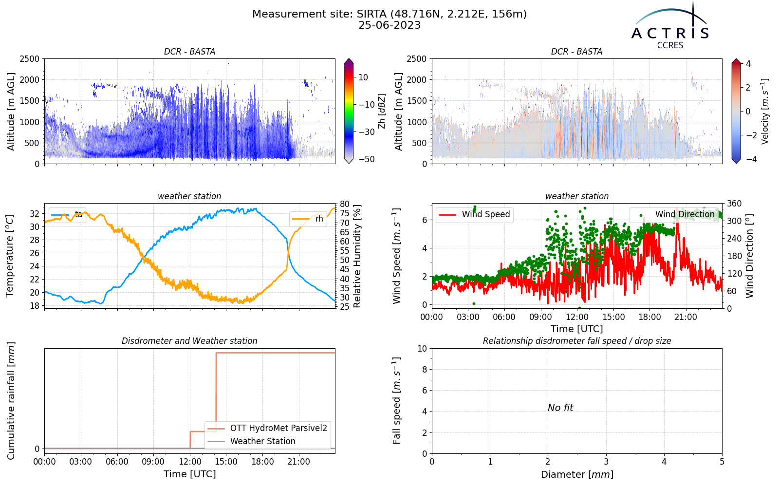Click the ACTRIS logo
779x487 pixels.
pyautogui.click(x=670, y=26)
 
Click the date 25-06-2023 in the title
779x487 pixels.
pyautogui.click(x=389, y=25)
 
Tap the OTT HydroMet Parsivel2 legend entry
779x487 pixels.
pyautogui.click(x=267, y=428)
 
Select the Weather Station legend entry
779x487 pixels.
pyautogui.click(x=251, y=441)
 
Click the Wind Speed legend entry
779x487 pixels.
pyautogui.click(x=474, y=214)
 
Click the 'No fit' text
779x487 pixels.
pyautogui.click(x=560, y=408)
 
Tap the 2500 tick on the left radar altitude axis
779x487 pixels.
pyautogui.click(x=30, y=59)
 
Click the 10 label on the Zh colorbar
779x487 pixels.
pyautogui.click(x=363, y=77)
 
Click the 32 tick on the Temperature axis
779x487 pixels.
pyautogui.click(x=35, y=214)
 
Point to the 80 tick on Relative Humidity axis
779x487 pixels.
pyautogui.click(x=344, y=204)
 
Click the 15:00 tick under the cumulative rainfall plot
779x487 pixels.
pyautogui.click(x=226, y=462)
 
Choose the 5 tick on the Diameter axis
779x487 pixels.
pyautogui.click(x=722, y=462)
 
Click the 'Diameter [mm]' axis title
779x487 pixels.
pyautogui.click(x=577, y=474)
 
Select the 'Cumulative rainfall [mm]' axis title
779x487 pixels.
pyautogui.click(x=11, y=401)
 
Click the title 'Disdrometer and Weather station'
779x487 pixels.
pyautogui.click(x=189, y=341)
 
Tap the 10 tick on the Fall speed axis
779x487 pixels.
pyautogui.click(x=422, y=349)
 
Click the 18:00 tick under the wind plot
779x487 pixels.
pyautogui.click(x=649, y=317)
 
